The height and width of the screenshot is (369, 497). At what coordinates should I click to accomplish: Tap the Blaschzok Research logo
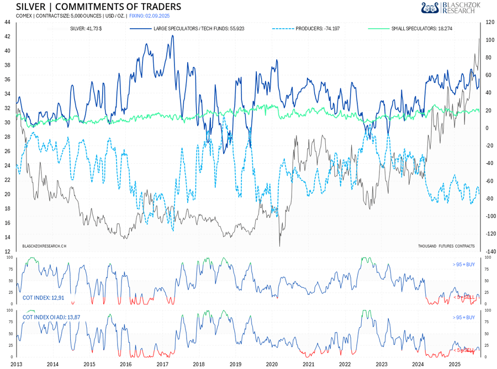click(x=451, y=7)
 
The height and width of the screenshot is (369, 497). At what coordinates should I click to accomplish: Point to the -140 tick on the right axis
click(x=489, y=252)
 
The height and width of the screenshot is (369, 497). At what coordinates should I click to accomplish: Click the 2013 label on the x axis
click(x=16, y=364)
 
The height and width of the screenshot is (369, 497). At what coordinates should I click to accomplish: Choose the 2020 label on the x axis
click(x=272, y=364)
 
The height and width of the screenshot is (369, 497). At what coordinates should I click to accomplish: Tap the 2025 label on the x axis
click(x=454, y=364)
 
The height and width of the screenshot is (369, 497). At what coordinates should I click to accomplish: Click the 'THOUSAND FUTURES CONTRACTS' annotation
click(x=447, y=246)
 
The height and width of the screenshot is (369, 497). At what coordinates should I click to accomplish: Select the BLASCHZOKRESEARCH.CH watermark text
click(x=44, y=246)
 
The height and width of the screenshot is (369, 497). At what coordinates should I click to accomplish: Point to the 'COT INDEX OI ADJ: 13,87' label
click(x=52, y=318)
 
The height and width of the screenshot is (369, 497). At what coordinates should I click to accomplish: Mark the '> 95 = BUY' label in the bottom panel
click(x=463, y=318)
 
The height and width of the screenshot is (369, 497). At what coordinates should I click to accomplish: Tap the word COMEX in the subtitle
click(x=24, y=15)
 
